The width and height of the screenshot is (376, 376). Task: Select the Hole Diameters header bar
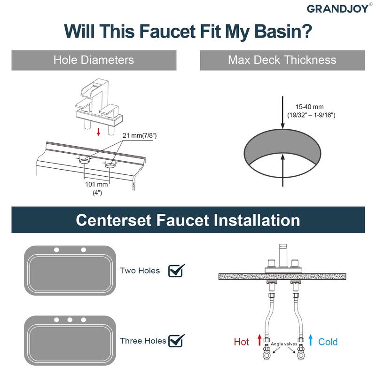[94, 60]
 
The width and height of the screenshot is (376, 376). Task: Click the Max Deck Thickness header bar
[282, 60]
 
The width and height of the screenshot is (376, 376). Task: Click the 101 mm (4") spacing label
[97, 188]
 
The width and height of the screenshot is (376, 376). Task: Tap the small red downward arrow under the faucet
[98, 132]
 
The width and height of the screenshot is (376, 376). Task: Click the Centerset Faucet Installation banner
[188, 220]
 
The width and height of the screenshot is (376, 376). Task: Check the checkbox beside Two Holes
[176, 271]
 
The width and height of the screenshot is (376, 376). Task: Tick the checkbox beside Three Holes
[176, 340]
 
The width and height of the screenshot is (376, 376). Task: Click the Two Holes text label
[140, 271]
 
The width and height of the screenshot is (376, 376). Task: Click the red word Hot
[242, 342]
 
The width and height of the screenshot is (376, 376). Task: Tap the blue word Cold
[328, 342]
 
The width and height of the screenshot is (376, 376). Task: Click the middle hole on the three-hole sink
[70, 320]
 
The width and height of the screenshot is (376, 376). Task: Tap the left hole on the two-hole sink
[56, 249]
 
